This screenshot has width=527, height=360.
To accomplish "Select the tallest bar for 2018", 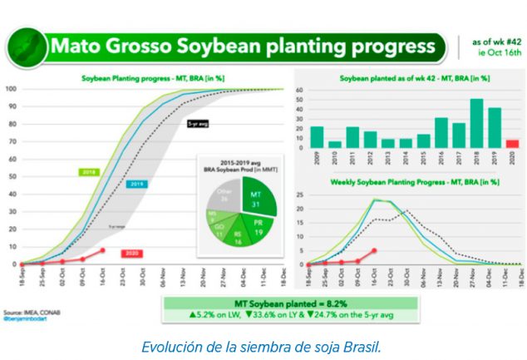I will [476, 124].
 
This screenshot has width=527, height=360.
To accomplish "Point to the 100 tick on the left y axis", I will [12, 89].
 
